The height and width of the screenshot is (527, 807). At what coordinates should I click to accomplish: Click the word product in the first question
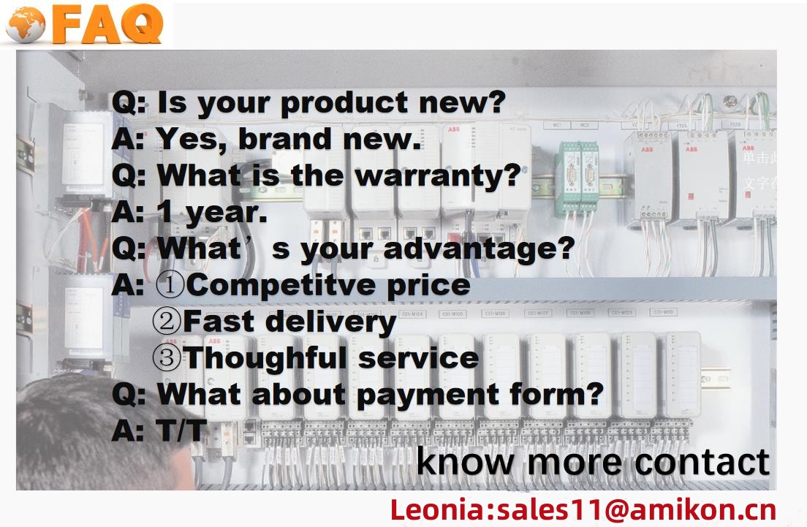tap(344, 102)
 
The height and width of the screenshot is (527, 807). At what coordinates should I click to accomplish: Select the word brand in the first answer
tap(284, 139)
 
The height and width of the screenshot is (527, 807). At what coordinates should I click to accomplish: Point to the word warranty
tap(438, 178)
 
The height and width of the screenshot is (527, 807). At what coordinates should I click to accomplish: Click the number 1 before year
tap(164, 211)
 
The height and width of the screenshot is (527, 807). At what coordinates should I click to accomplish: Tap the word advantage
tap(479, 250)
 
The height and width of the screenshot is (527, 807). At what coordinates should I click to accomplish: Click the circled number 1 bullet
tap(170, 284)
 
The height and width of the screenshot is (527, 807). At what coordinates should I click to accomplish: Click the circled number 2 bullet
tap(167, 321)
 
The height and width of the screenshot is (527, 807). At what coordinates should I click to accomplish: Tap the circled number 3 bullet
tap(167, 357)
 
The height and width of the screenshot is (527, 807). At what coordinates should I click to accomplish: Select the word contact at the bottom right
tap(702, 462)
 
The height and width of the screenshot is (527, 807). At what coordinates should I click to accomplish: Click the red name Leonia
tap(437, 509)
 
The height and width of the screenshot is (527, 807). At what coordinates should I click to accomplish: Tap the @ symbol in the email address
tap(616, 510)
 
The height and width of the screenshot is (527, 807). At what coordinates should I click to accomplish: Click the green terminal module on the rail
tap(577, 178)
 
